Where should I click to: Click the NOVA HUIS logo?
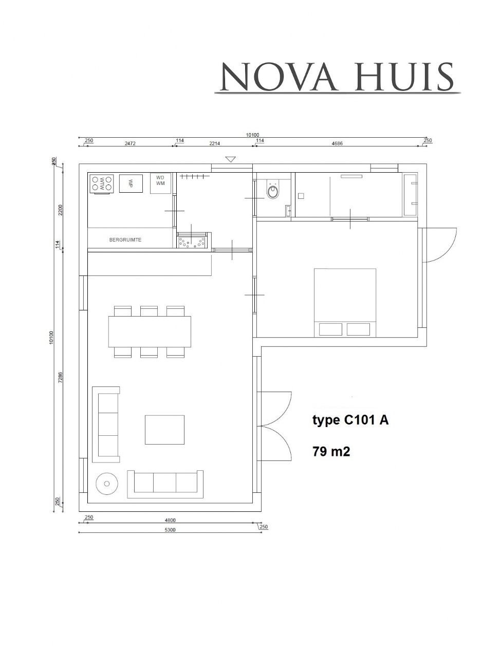pos(337,78)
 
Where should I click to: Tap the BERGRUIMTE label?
pos(125,240)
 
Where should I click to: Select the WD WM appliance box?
pos(160,183)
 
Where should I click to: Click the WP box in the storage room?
pos(131,183)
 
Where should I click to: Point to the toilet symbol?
pos(273,191)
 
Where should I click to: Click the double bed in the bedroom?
pos(345,302)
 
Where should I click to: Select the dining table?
pos(150,331)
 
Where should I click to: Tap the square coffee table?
pos(164,430)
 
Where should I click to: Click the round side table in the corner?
pos(107,483)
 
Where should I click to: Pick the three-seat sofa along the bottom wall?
pos(164,483)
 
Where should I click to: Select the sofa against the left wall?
pos(106,424)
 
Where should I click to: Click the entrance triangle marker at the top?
pos(231,159)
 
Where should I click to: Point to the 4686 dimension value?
pos(337,144)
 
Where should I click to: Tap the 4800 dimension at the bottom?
pos(169,520)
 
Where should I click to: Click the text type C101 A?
pos(350,420)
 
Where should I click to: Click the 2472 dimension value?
pos(129,144)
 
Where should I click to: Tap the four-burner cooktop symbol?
pos(102,183)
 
